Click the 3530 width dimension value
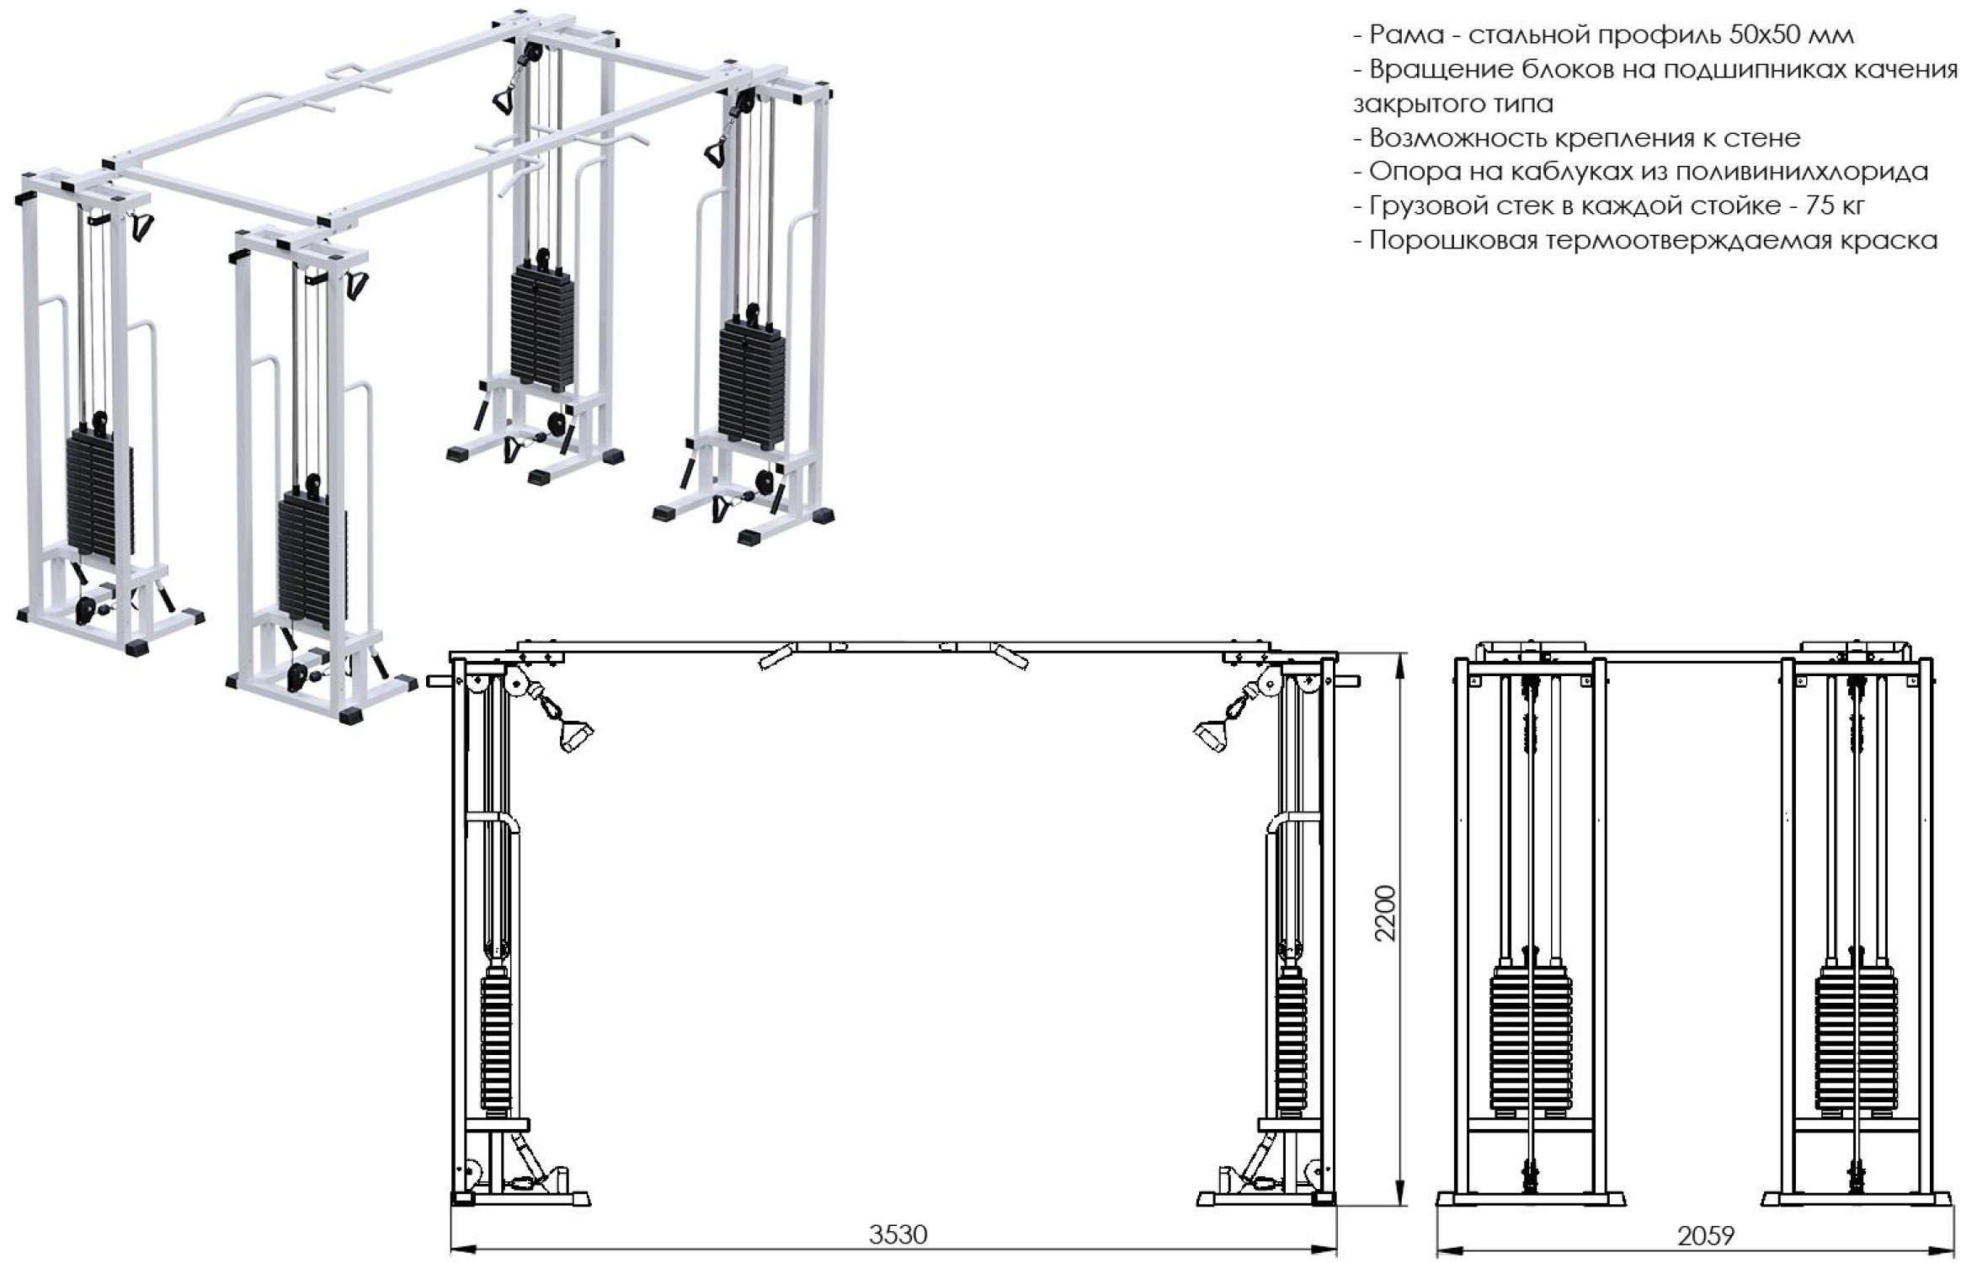(x=898, y=1234)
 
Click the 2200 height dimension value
(x=1384, y=913)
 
